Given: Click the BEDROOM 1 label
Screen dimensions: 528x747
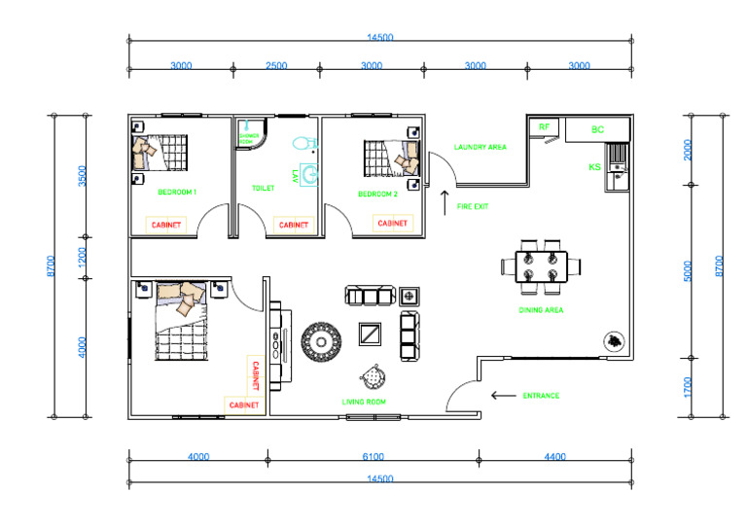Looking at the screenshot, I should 177,193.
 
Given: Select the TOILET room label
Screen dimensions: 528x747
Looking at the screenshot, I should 263,189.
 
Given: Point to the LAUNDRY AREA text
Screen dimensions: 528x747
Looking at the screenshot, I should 480,148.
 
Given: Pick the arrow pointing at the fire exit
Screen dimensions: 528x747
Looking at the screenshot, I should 445,202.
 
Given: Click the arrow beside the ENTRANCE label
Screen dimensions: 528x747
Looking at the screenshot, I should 503,395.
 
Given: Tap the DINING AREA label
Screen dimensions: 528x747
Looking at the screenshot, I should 541,310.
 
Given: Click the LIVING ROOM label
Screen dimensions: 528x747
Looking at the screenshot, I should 365,401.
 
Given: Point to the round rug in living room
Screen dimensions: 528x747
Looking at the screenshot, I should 318,340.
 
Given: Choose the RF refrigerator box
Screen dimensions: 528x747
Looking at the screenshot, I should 544,127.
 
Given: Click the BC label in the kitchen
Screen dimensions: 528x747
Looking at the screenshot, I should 597,129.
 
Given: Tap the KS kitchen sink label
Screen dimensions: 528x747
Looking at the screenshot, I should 594,167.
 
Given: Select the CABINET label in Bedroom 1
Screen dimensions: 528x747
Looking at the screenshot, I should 164,224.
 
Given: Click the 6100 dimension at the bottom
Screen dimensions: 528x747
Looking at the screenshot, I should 373,456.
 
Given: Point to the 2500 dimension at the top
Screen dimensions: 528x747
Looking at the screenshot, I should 276,66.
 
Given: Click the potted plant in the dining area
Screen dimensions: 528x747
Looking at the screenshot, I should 614,340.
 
